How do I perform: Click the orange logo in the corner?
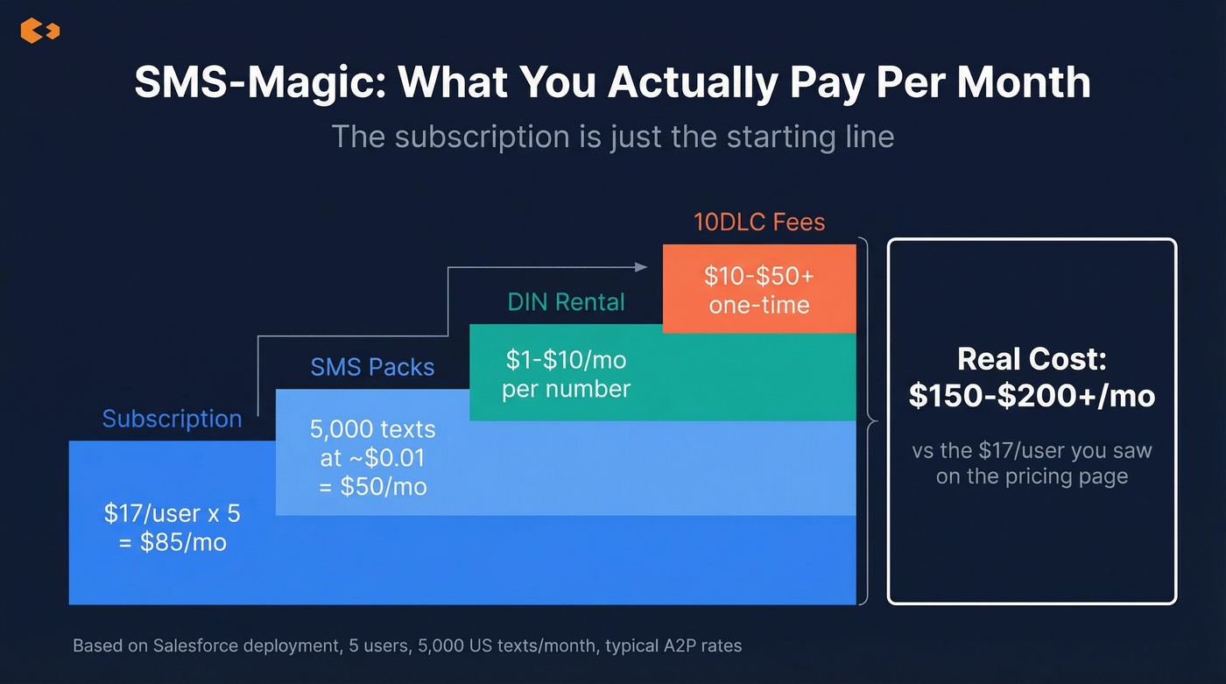click(39, 32)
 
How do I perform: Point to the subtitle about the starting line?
click(612, 138)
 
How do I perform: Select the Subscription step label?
click(172, 419)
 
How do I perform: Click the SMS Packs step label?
click(372, 367)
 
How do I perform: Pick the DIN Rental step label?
click(566, 302)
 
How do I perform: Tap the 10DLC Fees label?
click(759, 222)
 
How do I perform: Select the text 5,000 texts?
click(372, 430)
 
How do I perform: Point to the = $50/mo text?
click(372, 486)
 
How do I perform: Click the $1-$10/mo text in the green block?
click(566, 360)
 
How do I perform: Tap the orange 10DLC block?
click(759, 289)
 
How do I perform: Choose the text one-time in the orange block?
click(759, 305)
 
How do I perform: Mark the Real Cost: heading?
click(1032, 359)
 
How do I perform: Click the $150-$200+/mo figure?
click(1032, 396)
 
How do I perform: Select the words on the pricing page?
click(1032, 477)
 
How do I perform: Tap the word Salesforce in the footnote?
click(201, 646)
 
